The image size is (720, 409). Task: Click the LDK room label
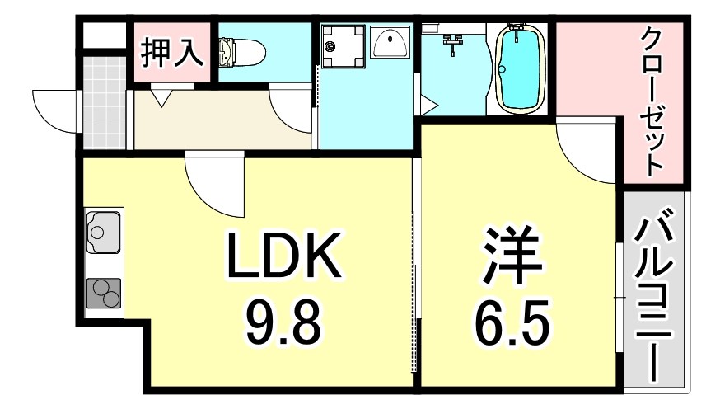pos(283,256)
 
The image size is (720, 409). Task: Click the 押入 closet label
pos(171,51)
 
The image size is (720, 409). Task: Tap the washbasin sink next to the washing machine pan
pos(390,42)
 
